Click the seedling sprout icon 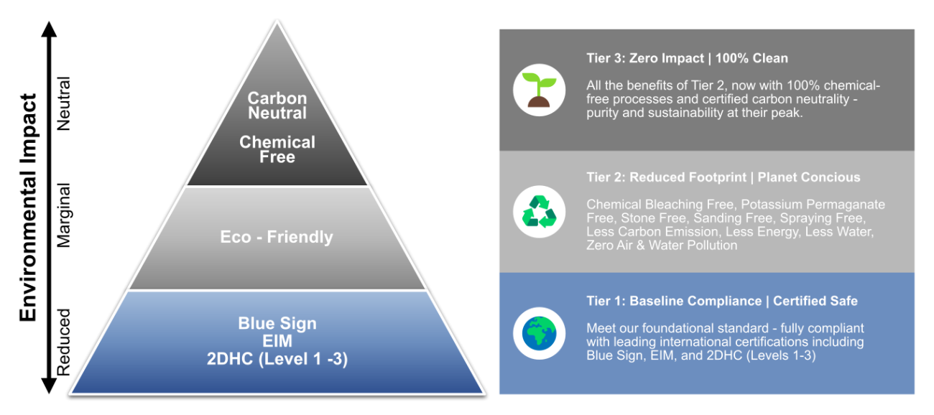540,90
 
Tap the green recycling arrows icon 540,212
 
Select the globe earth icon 540,333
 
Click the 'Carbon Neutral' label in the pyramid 277,106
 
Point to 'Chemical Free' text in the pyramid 277,149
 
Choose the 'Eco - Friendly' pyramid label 277,237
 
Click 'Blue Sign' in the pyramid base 277,324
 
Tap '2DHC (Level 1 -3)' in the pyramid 277,359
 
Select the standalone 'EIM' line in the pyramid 277,342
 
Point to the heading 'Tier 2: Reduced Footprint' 662,177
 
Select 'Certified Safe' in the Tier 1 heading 815,301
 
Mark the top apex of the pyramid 277,22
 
